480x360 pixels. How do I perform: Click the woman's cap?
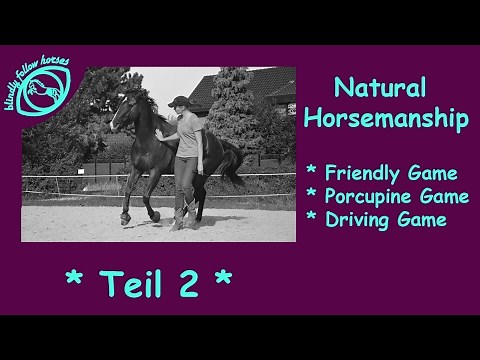click(178, 102)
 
